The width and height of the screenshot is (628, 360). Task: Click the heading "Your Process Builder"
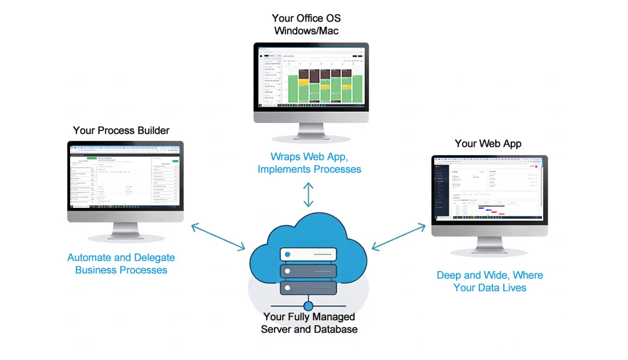(x=121, y=130)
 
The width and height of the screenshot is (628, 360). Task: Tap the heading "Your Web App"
(x=488, y=144)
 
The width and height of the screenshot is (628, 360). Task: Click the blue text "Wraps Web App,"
(x=308, y=156)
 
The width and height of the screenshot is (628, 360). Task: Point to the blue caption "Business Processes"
(x=121, y=270)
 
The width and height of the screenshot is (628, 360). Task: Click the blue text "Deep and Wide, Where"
(x=490, y=275)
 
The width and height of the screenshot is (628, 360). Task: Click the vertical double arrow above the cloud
(x=308, y=195)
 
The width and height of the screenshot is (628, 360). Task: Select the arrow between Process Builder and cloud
(x=218, y=236)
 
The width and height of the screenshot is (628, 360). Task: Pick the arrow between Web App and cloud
(x=399, y=236)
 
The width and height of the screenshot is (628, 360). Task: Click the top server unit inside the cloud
(x=308, y=253)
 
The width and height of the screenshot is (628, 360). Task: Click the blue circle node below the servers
(x=308, y=306)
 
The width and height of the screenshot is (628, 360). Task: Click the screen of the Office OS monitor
(x=311, y=79)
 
